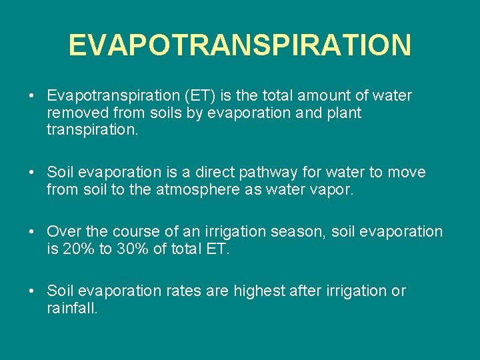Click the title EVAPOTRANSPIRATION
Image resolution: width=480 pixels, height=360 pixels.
click(x=239, y=45)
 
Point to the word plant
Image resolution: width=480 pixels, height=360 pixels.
click(x=343, y=113)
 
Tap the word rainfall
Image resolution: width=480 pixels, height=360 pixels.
click(x=72, y=308)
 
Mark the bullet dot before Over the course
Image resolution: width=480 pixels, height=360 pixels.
click(x=32, y=232)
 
